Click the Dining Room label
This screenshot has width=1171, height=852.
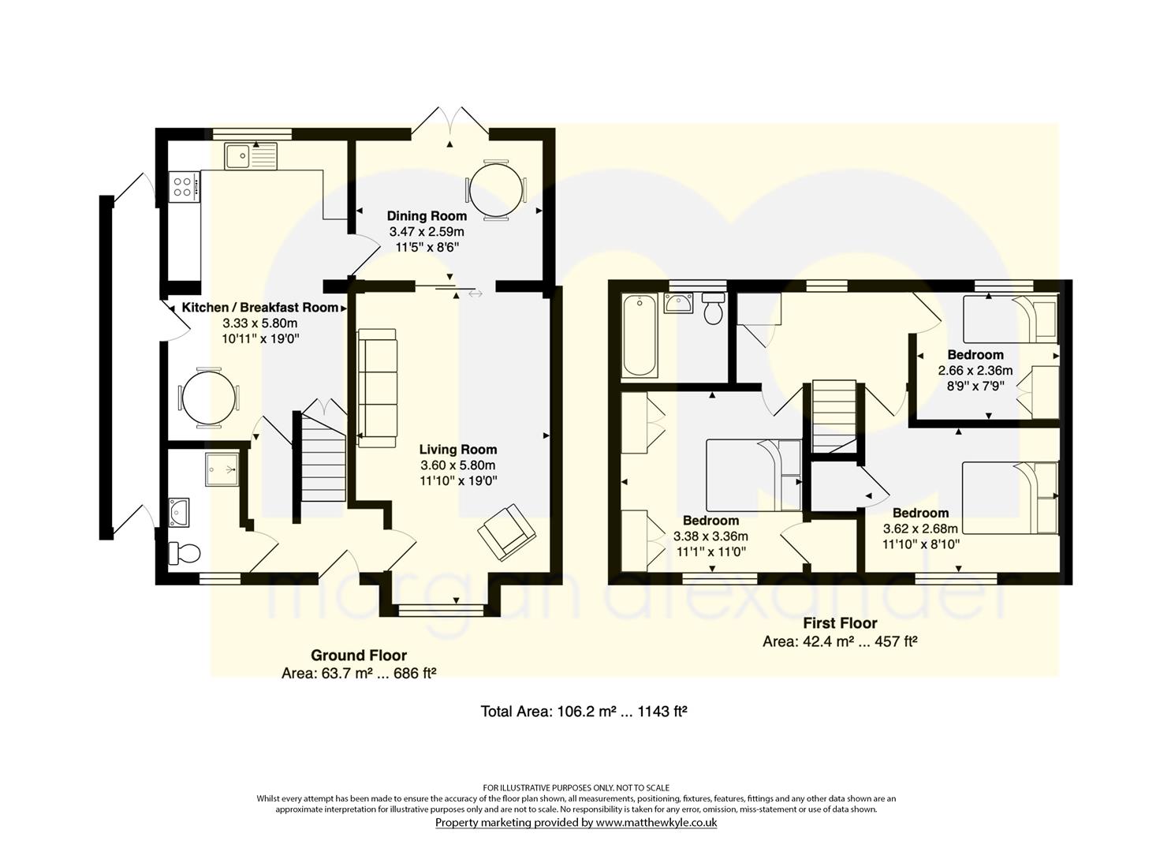427,215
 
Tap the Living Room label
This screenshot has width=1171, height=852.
458,450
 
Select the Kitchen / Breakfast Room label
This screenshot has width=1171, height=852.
259,308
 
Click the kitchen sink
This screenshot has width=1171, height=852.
252,156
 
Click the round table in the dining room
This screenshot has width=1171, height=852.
496,190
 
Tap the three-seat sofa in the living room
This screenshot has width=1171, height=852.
377,388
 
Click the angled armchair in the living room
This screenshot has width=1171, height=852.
506,532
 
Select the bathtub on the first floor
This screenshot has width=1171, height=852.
640,335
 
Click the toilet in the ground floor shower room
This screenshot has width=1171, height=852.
185,553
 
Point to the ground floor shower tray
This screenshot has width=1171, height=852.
222,469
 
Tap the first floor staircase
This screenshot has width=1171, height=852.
833,417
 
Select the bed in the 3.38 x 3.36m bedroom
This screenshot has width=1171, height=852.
753,476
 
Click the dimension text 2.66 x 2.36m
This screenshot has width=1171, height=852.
975,371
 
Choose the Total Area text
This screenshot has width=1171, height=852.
584,712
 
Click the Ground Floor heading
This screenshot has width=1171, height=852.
359,656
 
